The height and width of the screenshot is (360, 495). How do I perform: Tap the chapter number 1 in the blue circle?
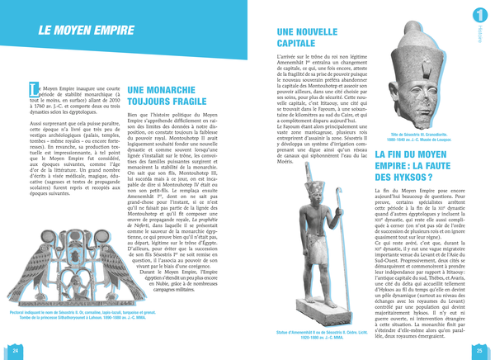coord(480,15)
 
